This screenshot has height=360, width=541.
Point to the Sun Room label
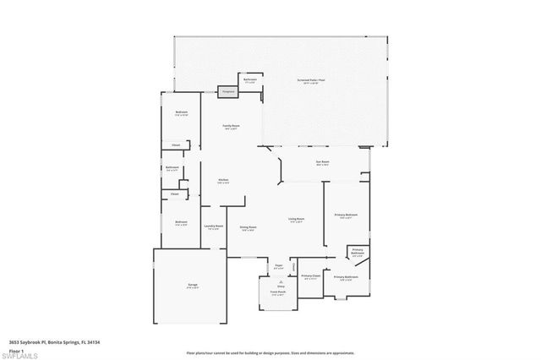tap(323, 162)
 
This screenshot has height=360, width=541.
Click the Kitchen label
tap(223, 181)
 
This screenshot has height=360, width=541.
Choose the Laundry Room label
tap(214, 227)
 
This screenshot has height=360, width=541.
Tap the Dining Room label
tap(248, 228)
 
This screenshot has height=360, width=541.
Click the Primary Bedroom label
tap(346, 216)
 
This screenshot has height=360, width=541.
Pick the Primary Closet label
tap(312, 277)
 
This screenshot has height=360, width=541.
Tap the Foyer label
tap(278, 267)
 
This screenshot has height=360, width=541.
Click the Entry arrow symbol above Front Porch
tap(280, 281)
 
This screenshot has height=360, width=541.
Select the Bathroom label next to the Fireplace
tap(250, 80)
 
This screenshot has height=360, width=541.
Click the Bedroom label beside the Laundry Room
tap(181, 224)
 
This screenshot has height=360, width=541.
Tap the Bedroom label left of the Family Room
tap(181, 113)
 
